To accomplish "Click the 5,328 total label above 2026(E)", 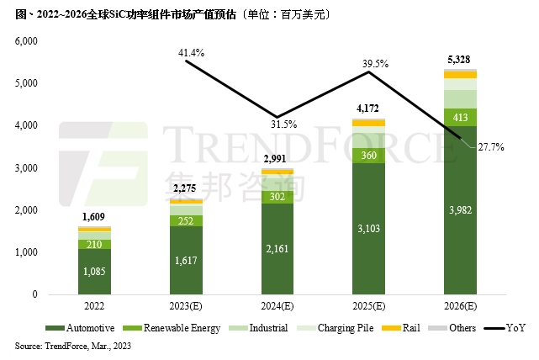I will click(460, 60).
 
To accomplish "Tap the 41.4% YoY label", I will click(192, 53).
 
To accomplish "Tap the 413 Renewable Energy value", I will click(460, 117).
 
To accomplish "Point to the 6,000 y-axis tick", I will click(28, 41).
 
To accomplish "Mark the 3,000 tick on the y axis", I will click(28, 168).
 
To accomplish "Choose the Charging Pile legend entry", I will click(341, 328).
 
